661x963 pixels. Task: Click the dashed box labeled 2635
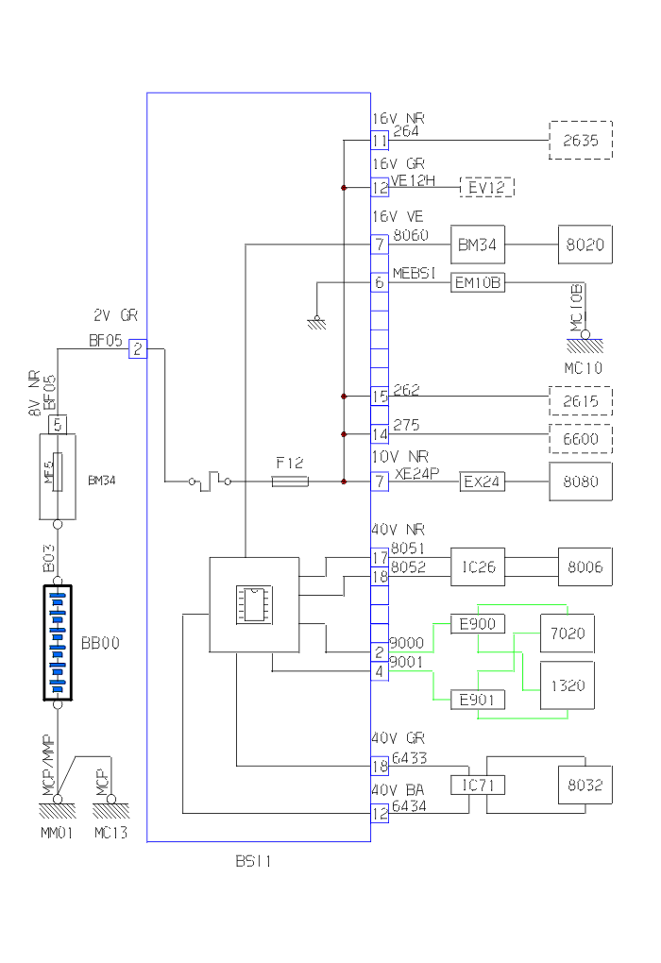click(581, 140)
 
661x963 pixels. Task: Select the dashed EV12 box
click(486, 187)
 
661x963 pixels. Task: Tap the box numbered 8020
click(585, 245)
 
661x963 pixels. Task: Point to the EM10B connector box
click(479, 281)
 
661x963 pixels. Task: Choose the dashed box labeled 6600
click(581, 439)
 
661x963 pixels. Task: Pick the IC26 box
click(478, 567)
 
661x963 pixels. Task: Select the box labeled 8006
click(585, 567)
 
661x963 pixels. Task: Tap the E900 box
click(478, 624)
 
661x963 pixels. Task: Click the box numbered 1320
click(567, 685)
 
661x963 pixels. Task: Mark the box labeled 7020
click(567, 634)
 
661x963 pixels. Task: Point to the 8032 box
click(585, 785)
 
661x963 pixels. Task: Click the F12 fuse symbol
click(289, 481)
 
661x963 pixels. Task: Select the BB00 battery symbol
click(59, 643)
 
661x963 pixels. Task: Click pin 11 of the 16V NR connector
click(380, 140)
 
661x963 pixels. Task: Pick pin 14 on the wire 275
click(380, 434)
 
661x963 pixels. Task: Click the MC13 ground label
click(110, 833)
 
